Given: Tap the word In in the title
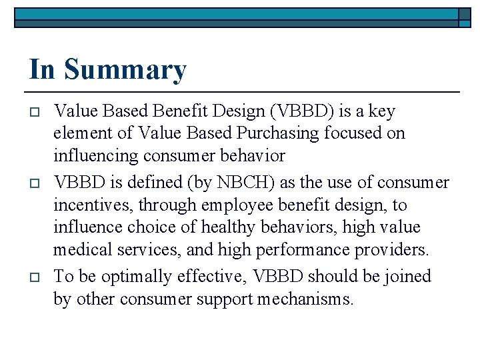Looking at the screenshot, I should coord(43,69).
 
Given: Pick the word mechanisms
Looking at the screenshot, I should coord(311,299).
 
